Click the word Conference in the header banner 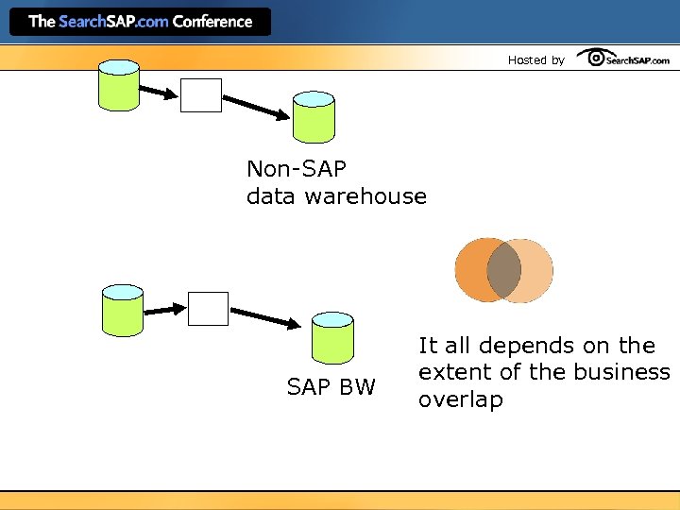tap(212, 21)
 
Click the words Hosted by tap(535, 60)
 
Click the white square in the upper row tap(201, 95)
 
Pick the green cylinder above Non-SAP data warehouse tap(314, 116)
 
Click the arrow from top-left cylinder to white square tap(159, 91)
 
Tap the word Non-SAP tap(297, 169)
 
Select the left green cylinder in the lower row tap(122, 309)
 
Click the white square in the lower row tap(208, 308)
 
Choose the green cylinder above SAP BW tap(332, 337)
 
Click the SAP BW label tap(331, 386)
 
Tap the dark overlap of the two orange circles tap(503, 270)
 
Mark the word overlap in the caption tap(461, 399)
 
